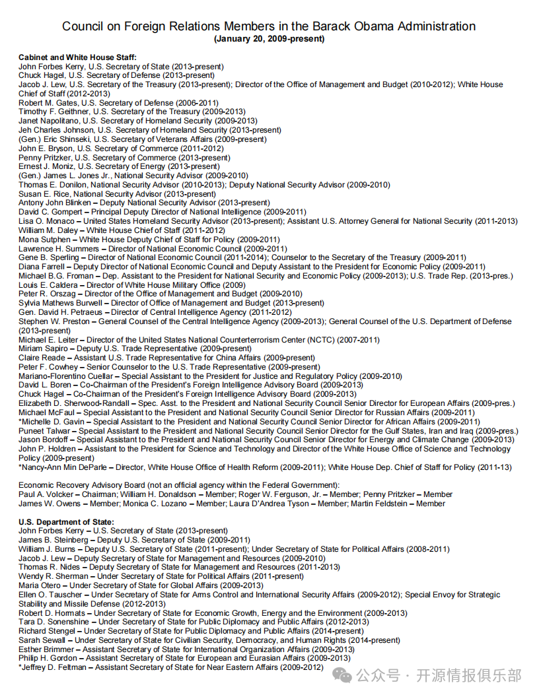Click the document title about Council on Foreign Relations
click(269, 26)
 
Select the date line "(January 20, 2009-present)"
click(269, 39)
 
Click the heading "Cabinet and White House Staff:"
click(77, 57)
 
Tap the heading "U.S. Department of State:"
click(66, 522)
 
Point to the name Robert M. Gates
click(46, 103)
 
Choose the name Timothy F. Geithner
click(50, 112)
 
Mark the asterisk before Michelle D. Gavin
click(20, 422)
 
